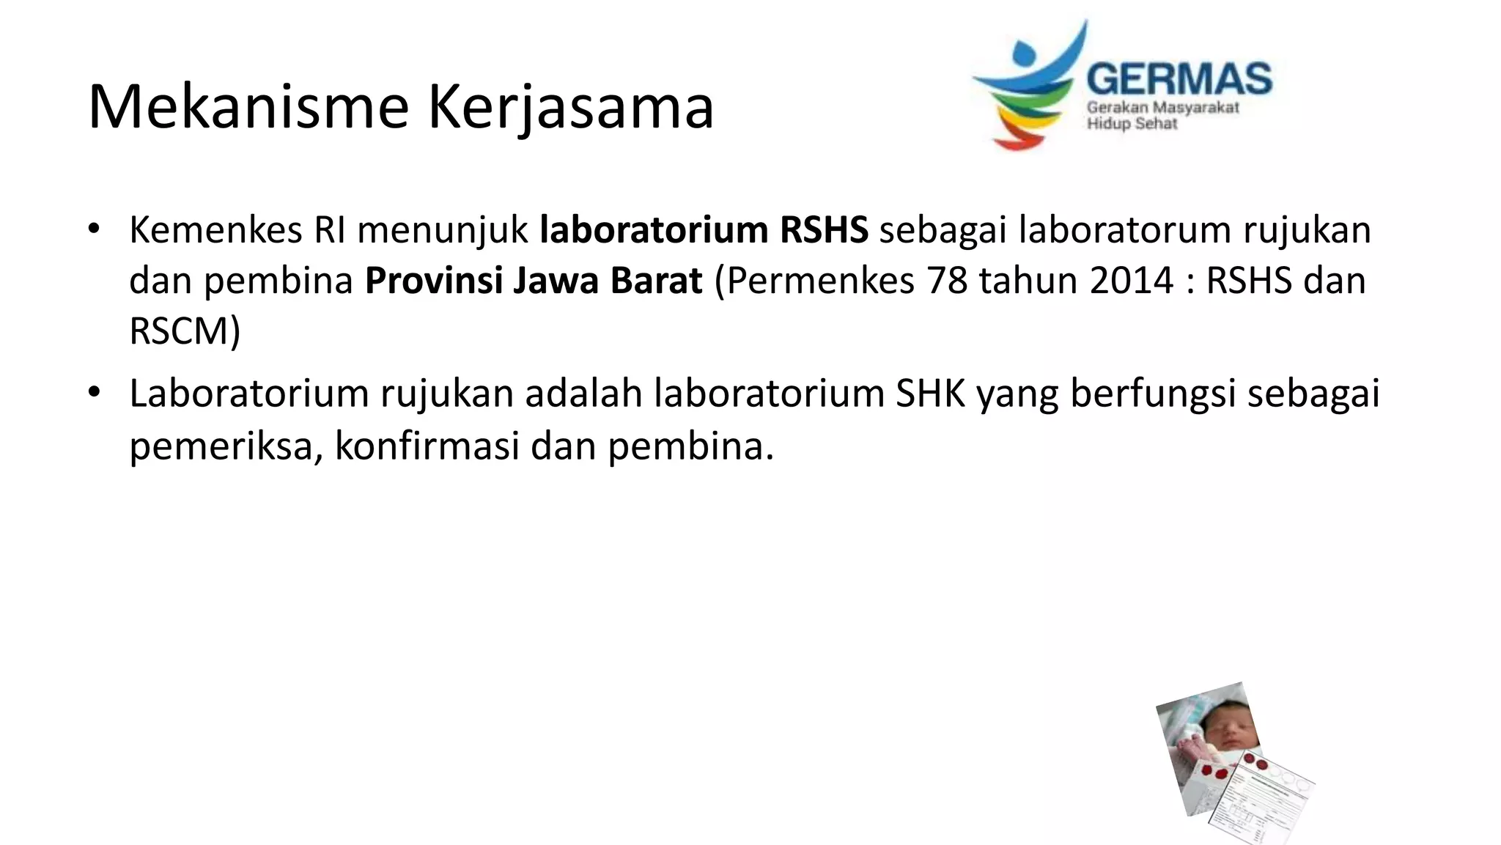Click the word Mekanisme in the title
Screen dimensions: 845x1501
tap(248, 107)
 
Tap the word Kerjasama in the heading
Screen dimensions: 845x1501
tap(570, 108)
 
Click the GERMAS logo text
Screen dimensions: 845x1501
tap(1179, 78)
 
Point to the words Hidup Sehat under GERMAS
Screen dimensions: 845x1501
tap(1132, 124)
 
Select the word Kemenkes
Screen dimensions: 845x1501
tap(215, 230)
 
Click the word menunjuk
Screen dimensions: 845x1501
tap(443, 230)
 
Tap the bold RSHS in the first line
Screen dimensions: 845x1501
tap(824, 230)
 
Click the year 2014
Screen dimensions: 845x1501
tap(1132, 281)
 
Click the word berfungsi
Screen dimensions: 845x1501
tap(1153, 394)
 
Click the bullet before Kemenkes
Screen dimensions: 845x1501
tap(92, 229)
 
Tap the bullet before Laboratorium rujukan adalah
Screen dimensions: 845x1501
tap(92, 392)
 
